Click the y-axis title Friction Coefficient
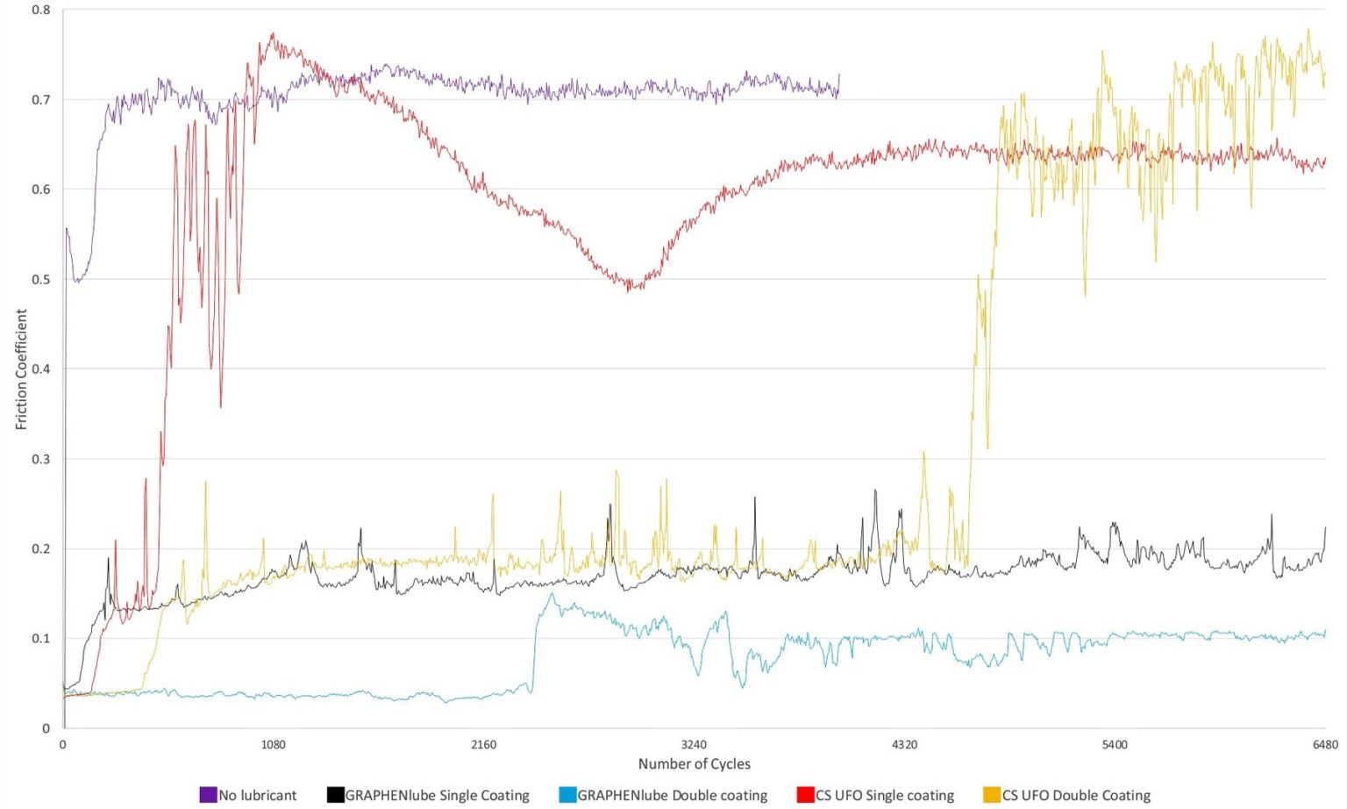point(21,369)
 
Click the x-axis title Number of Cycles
point(694,763)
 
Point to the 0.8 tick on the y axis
point(41,11)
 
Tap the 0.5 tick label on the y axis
point(41,279)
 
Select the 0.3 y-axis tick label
point(41,459)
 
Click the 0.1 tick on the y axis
point(41,638)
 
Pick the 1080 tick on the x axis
point(274,745)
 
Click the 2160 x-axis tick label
point(483,745)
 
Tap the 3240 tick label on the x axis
point(694,745)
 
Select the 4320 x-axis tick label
point(904,745)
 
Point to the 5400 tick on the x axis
point(1115,745)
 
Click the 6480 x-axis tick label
point(1325,745)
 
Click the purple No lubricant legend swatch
point(208,795)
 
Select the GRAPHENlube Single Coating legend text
point(437,795)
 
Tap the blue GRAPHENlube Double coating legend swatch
point(567,795)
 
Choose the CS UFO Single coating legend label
point(884,795)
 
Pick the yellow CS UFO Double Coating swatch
point(992,795)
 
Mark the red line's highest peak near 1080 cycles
point(273,35)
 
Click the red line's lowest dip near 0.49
point(629,290)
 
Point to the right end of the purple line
point(839,75)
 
